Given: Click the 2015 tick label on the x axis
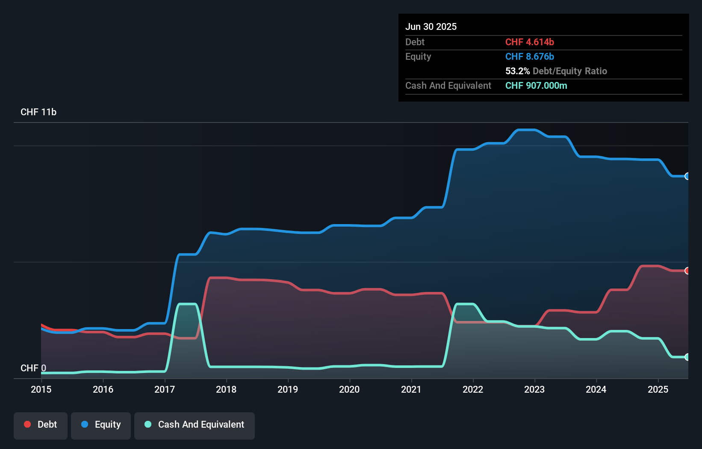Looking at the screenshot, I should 41,389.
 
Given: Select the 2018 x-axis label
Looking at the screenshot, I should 226,389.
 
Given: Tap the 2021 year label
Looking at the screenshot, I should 411,389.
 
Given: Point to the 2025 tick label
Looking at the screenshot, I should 658,389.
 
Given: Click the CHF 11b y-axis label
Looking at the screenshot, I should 38,112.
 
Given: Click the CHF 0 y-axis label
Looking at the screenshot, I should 33,368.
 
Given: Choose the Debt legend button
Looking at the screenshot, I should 41,425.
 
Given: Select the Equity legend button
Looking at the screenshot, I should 101,425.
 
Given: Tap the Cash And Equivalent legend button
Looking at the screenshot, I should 195,425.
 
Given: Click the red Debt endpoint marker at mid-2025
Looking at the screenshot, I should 687,271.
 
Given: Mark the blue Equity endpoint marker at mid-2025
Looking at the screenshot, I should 687,176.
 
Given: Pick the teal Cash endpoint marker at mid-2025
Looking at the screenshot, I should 687,357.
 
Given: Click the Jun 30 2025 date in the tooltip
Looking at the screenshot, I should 431,26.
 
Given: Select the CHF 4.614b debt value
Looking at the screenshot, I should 529,42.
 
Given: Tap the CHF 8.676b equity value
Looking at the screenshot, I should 529,56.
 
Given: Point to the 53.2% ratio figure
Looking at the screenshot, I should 517,71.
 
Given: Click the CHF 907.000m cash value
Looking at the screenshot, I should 536,85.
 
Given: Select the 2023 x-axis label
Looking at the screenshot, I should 534,389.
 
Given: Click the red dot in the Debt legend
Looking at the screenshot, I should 27,424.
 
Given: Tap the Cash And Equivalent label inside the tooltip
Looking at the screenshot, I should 448,85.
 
